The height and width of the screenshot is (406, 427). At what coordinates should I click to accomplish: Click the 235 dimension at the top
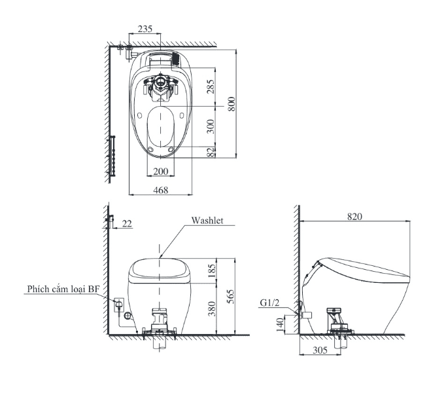click(x=145, y=29)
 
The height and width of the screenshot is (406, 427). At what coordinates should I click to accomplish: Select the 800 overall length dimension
click(x=231, y=104)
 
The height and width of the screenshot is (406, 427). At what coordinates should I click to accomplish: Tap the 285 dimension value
click(x=211, y=86)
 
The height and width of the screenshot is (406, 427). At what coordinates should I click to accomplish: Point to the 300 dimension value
click(x=211, y=126)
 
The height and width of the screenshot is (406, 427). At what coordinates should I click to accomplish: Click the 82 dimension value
click(x=211, y=152)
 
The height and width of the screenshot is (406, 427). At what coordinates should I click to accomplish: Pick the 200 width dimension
click(x=161, y=171)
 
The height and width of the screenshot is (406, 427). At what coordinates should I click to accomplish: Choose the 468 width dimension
click(x=161, y=190)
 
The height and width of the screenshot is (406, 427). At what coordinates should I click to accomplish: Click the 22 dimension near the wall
click(x=127, y=223)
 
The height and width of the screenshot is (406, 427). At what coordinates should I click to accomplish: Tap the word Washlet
click(x=207, y=220)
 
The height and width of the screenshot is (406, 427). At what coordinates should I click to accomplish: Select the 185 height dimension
click(x=212, y=270)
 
